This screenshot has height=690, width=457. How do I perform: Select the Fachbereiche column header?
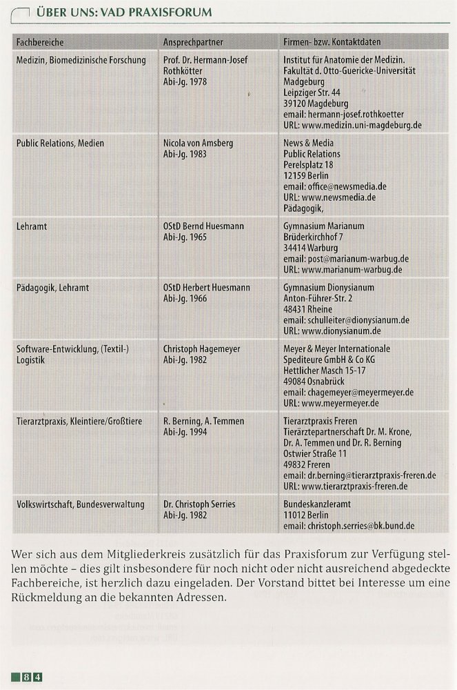[40, 43]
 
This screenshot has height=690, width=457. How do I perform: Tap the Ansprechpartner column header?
[193, 43]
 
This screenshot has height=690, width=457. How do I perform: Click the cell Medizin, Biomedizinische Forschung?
[81, 60]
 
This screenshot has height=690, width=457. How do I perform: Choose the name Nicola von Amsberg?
[198, 143]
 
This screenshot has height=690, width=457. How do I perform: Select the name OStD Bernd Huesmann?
[204, 226]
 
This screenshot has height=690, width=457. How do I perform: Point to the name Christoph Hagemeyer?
[201, 349]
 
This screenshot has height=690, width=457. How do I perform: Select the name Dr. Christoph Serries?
[199, 504]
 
